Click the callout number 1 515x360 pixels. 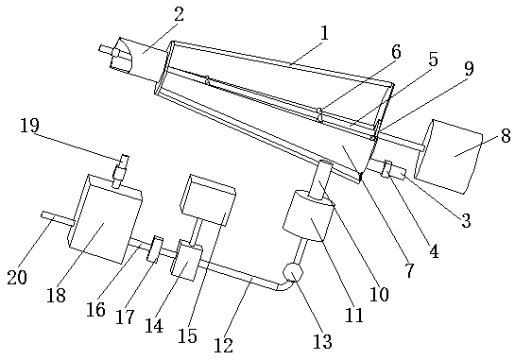pyautogui.click(x=324, y=33)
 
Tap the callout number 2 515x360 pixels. pyautogui.click(x=179, y=14)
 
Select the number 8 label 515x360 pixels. pyautogui.click(x=506, y=135)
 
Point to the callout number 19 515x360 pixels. pyautogui.click(x=29, y=125)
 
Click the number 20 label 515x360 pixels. pyautogui.click(x=17, y=278)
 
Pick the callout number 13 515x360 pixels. pyautogui.click(x=322, y=342)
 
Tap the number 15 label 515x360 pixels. pyautogui.click(x=187, y=335)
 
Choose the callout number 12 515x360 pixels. pyautogui.click(x=224, y=346)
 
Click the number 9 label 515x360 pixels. pyautogui.click(x=469, y=69)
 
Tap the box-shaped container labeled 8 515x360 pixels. pyautogui.click(x=449, y=156)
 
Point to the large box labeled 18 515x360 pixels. pyautogui.click(x=105, y=219)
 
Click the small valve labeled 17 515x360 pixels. pyautogui.click(x=154, y=249)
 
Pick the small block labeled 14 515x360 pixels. pyautogui.click(x=186, y=261)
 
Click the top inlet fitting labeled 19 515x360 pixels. pyautogui.click(x=120, y=171)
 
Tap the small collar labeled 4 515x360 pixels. pyautogui.click(x=386, y=169)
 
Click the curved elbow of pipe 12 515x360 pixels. pyautogui.click(x=284, y=285)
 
